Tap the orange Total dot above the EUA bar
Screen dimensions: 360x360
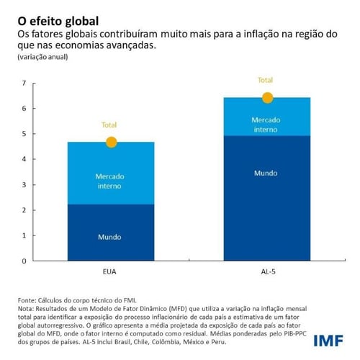point(111,142)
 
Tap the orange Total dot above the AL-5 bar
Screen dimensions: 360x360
point(267,98)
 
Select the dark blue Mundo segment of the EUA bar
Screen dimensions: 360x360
point(111,233)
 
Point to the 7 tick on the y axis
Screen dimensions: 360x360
point(23,84)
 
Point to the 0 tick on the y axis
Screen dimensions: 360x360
point(23,261)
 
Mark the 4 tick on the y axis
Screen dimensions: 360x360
point(23,159)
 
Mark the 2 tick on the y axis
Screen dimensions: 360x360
point(23,210)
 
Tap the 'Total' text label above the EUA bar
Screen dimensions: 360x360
point(110,125)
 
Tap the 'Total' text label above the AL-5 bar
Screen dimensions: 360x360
point(266,81)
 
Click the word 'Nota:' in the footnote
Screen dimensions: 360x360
point(25,307)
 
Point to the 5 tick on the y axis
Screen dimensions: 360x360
point(23,134)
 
